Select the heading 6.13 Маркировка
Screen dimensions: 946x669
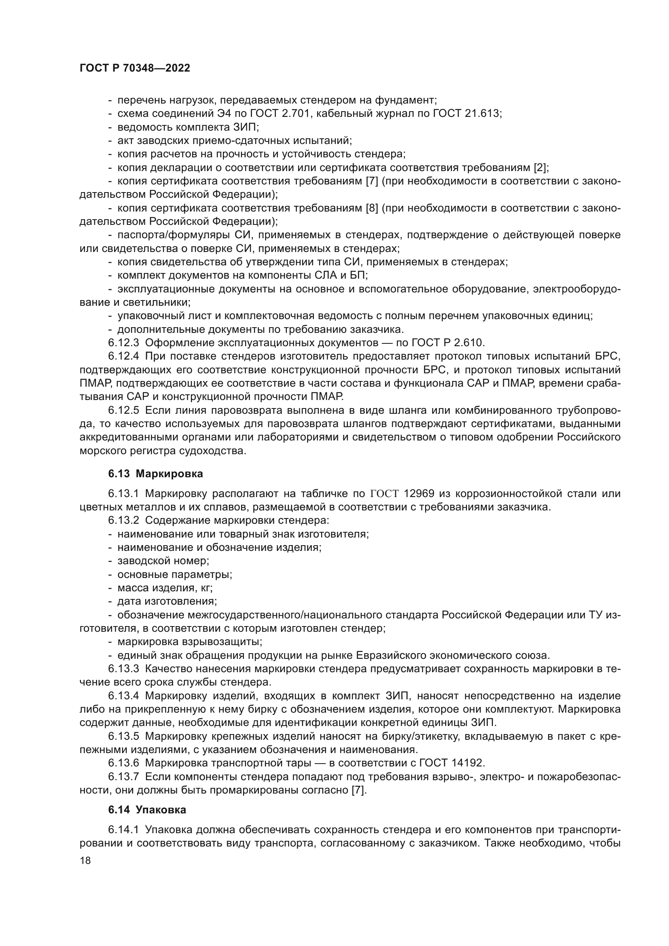(155, 474)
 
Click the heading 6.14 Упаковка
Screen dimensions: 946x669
(147, 810)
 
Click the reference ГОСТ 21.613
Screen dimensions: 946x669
(467, 113)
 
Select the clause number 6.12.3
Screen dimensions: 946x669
(124, 343)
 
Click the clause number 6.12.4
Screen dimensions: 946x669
(124, 356)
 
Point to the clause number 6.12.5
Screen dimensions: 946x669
(124, 411)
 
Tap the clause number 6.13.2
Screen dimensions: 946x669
(124, 521)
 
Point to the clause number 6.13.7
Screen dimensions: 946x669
(124, 777)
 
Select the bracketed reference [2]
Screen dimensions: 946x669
(540, 168)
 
